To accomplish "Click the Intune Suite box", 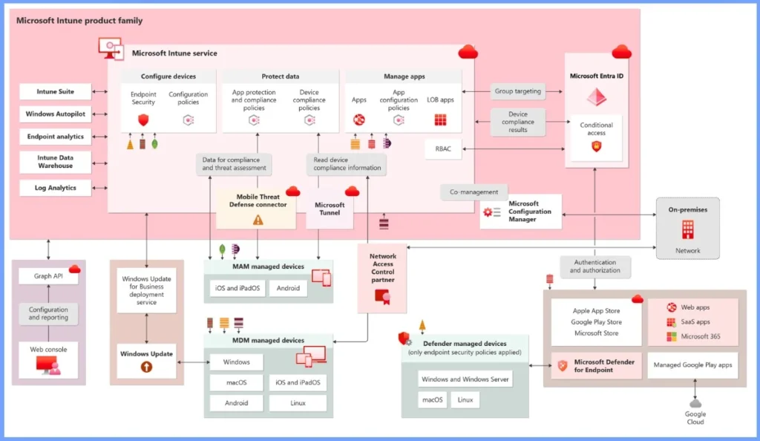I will click(x=56, y=92).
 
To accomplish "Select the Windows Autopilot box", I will click(x=56, y=114).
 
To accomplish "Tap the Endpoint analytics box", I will click(x=56, y=137).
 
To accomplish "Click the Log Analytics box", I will click(x=56, y=188).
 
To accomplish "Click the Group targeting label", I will click(x=517, y=92).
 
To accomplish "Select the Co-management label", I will click(x=474, y=192).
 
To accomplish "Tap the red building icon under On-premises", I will click(x=687, y=229).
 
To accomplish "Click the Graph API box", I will click(x=48, y=276).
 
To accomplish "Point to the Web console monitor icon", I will click(x=47, y=365).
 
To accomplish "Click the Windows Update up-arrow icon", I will click(x=146, y=367).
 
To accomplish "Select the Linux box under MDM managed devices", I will click(x=298, y=403).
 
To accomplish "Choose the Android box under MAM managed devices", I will click(x=288, y=288).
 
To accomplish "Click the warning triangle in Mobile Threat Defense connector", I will click(x=258, y=219).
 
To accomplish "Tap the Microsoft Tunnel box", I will click(x=330, y=209).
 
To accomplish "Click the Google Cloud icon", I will click(x=695, y=403).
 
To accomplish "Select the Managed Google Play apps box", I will click(x=693, y=365).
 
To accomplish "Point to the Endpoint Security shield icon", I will click(x=143, y=120).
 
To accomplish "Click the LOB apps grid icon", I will click(x=441, y=120).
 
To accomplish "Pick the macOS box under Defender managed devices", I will click(x=433, y=400).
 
